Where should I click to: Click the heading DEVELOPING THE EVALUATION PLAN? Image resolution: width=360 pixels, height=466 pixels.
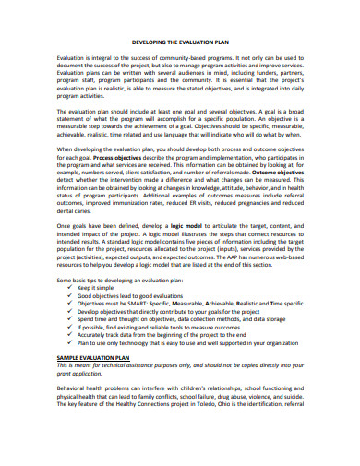(179, 42)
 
